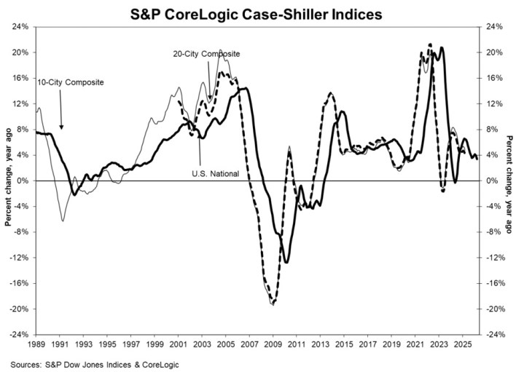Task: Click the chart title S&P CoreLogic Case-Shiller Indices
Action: [256, 15]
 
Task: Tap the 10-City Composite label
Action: [71, 82]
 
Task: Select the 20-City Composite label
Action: [207, 54]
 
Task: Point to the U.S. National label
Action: [216, 173]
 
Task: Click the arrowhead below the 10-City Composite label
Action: [61, 127]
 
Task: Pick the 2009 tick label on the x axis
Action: [273, 344]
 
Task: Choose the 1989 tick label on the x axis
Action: [36, 344]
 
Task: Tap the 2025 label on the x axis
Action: [463, 344]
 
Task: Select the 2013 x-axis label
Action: [321, 344]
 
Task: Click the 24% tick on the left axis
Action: [21, 27]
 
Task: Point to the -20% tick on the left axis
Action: [20, 309]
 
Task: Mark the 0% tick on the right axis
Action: [490, 181]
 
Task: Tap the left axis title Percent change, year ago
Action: [8, 177]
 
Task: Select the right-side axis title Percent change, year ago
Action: [509, 184]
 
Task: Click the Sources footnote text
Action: [95, 365]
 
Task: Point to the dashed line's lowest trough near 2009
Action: [274, 304]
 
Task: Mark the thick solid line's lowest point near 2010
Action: [286, 262]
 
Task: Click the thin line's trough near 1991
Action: [63, 221]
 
